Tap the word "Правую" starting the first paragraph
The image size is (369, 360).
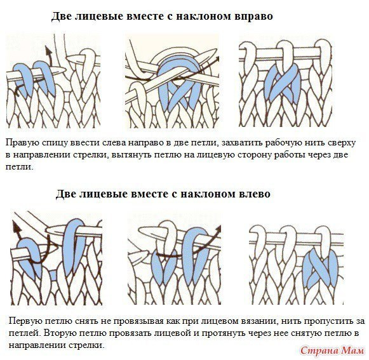click(x=22, y=143)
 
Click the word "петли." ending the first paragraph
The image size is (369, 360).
click(x=19, y=167)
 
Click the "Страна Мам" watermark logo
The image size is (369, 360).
click(x=332, y=350)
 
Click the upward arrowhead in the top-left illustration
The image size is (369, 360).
click(x=48, y=50)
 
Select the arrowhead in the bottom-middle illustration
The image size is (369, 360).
click(x=218, y=228)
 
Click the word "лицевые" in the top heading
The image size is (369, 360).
click(x=98, y=17)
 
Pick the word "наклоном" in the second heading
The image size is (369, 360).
click(x=208, y=194)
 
